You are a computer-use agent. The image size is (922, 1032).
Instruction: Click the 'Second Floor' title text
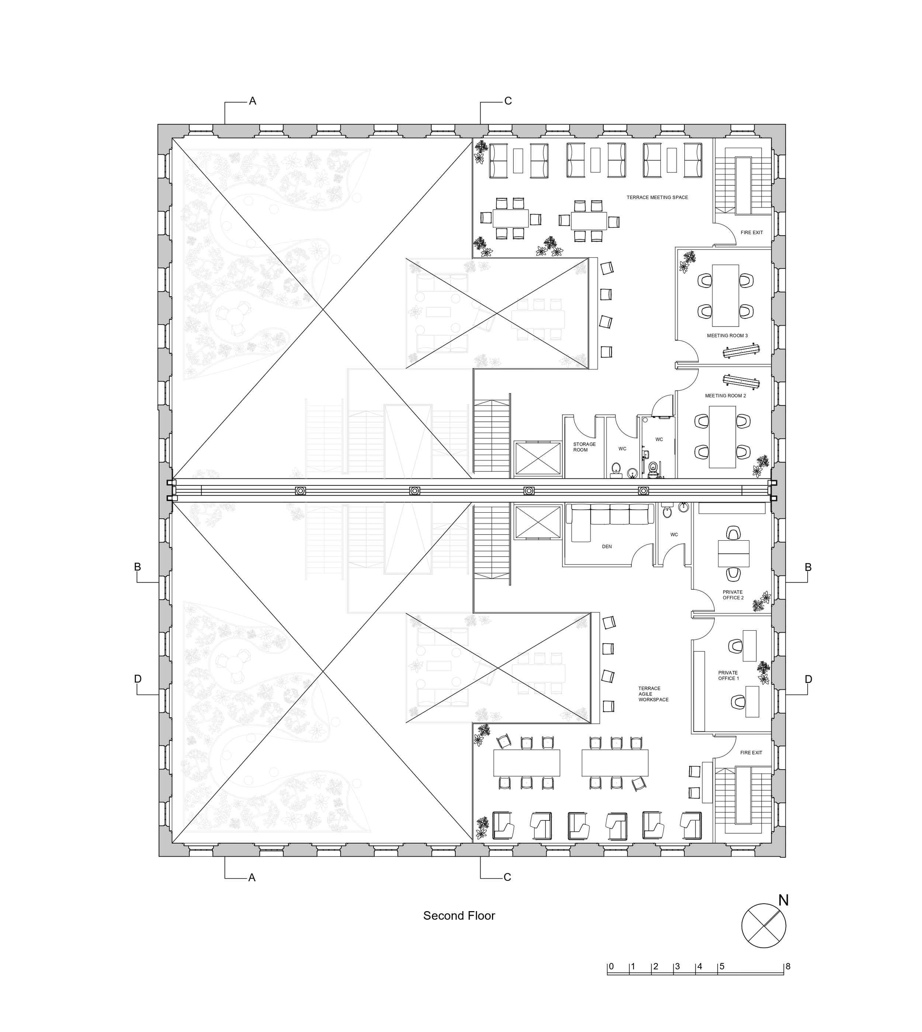459,916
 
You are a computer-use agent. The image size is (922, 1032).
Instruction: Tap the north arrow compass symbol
763,925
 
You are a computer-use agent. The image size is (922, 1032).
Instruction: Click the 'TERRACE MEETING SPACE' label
657,198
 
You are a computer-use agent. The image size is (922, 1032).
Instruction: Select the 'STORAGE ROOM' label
584,447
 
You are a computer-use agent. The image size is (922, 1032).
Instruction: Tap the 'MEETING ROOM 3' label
727,336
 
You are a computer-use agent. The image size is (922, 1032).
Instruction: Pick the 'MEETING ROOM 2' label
725,396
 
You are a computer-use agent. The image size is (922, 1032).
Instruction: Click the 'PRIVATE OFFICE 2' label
732,595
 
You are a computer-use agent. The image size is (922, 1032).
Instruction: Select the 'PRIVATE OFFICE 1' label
728,676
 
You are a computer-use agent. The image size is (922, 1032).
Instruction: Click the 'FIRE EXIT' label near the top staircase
751,233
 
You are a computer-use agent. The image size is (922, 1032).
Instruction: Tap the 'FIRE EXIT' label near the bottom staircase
751,753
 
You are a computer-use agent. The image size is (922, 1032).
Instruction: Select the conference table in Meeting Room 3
725,295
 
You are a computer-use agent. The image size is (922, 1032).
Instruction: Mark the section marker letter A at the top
252,101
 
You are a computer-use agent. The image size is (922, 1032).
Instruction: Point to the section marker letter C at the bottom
507,878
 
